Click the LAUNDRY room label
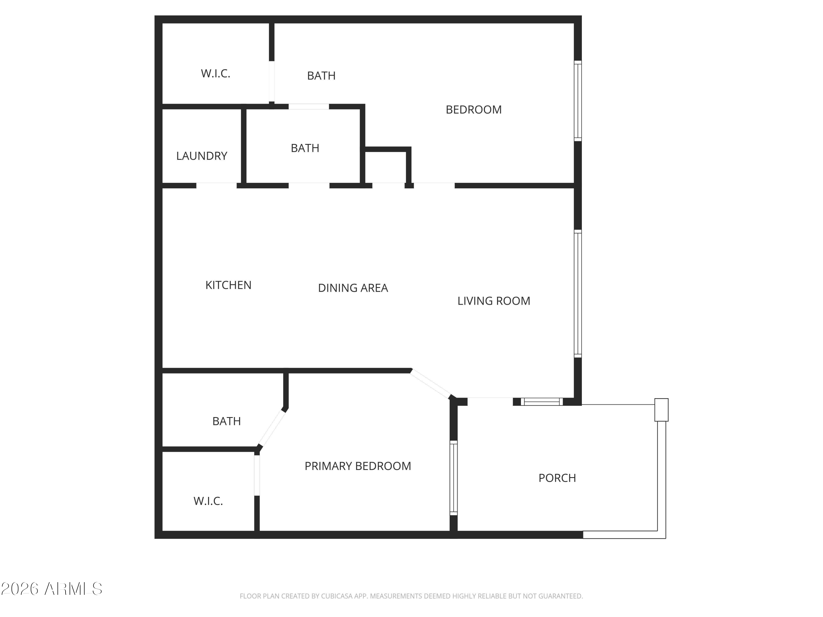202,156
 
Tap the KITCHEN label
229,285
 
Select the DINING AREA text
353,288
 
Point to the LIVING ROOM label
494,301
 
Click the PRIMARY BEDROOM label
357,466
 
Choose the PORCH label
557,478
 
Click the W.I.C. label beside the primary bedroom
208,501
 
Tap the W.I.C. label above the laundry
215,74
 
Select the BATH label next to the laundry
305,148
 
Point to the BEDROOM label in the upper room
473,110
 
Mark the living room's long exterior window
577,294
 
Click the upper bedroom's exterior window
577,101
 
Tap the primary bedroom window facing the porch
453,478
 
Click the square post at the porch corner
661,410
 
